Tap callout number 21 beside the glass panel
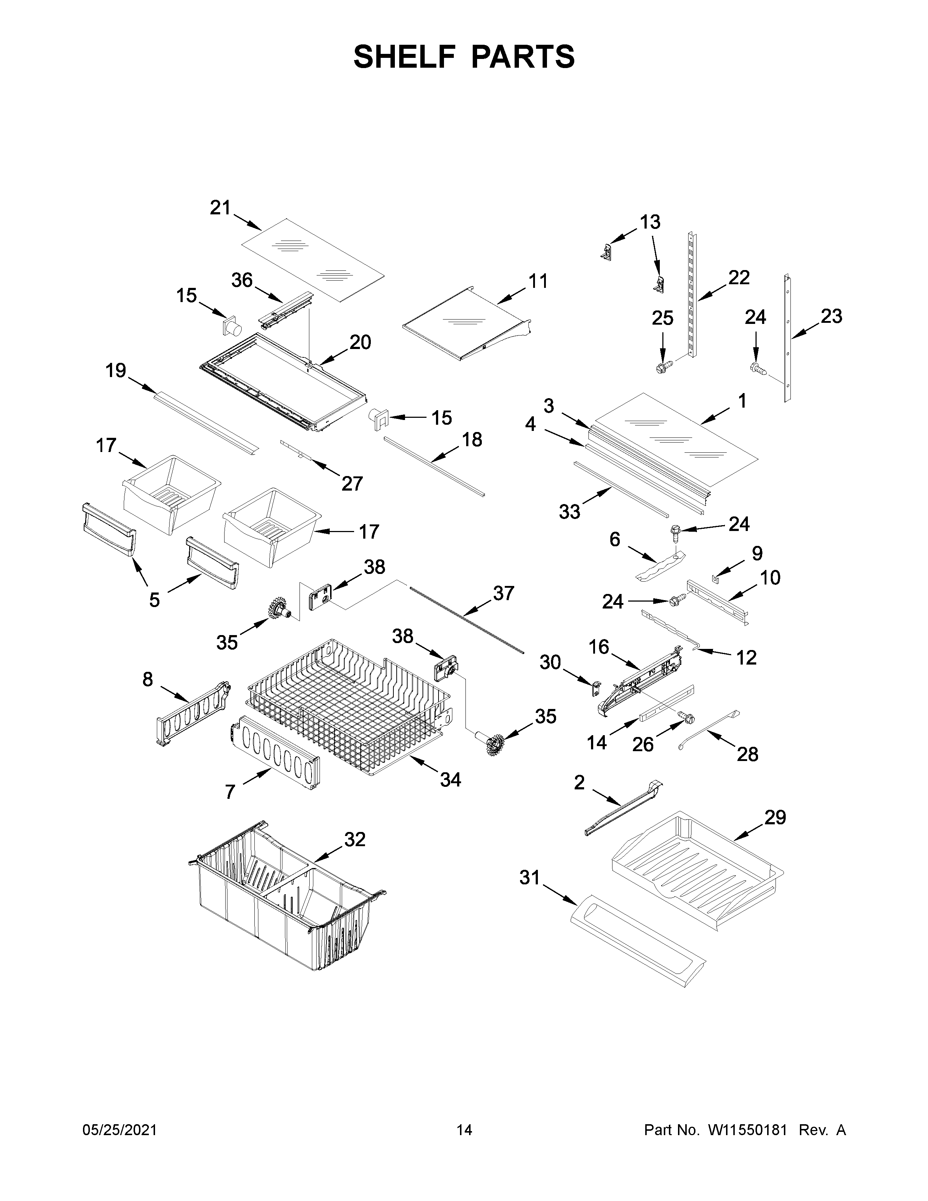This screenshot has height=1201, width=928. [221, 208]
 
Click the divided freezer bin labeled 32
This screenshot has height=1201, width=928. [286, 902]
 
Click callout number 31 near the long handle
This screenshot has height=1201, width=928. [530, 878]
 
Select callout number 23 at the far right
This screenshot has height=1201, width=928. [831, 316]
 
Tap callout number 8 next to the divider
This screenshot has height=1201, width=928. [147, 680]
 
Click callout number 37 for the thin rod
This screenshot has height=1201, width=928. [503, 593]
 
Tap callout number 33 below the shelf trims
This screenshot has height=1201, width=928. [570, 512]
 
